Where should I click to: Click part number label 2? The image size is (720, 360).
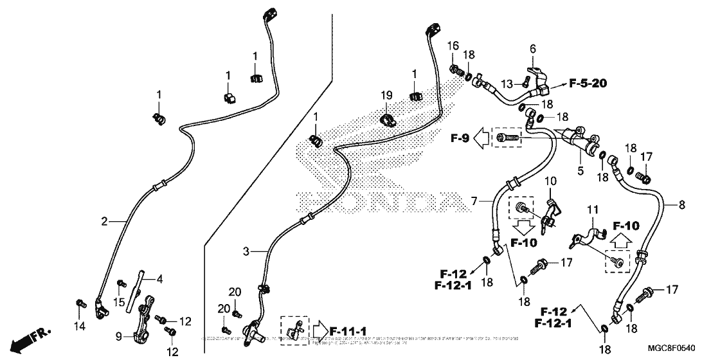point(104,222)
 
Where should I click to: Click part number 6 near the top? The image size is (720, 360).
point(532,49)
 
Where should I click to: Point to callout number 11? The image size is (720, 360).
point(592,210)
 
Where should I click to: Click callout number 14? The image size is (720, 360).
point(78,326)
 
